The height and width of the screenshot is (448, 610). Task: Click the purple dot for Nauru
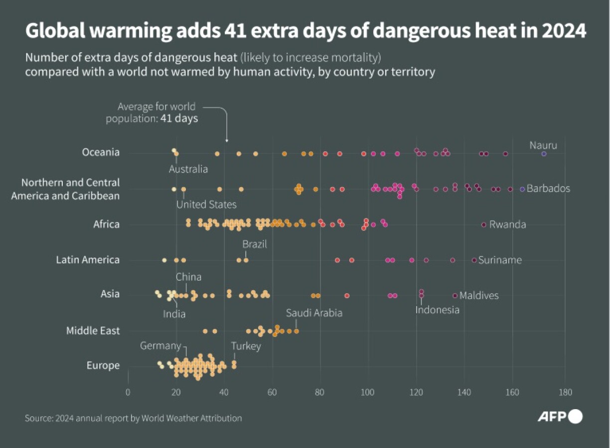click(544, 154)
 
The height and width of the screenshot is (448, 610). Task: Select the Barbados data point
click(522, 189)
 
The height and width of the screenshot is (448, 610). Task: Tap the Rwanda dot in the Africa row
click(483, 224)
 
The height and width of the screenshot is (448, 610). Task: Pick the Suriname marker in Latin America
click(474, 260)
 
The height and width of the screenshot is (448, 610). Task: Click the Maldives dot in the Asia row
click(455, 295)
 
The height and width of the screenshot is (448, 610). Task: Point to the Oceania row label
click(101, 152)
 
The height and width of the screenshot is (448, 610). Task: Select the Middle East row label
click(93, 331)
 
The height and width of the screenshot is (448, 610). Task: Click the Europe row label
click(103, 365)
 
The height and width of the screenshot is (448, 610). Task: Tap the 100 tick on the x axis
click(368, 391)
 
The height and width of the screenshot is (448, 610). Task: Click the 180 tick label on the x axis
click(565, 391)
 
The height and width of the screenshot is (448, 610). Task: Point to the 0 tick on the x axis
click(128, 391)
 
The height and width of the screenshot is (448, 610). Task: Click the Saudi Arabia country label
click(314, 313)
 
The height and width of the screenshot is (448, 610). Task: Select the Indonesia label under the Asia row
click(437, 310)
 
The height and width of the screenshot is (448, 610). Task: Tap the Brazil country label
click(255, 244)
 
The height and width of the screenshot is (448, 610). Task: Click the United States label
click(206, 205)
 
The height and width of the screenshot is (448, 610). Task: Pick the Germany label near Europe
click(160, 345)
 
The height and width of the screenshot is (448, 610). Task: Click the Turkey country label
click(246, 346)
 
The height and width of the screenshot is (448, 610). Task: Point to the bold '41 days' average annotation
click(179, 118)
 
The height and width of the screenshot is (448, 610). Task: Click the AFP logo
click(560, 417)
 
